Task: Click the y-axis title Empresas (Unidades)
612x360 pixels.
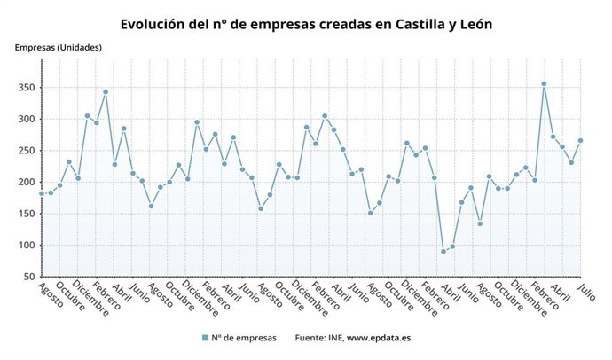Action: click(57, 47)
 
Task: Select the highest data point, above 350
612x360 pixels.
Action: click(544, 84)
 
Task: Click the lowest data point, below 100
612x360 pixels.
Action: click(443, 252)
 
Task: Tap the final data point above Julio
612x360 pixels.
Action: click(581, 140)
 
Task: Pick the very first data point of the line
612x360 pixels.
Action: click(42, 193)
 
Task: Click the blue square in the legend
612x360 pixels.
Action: click(205, 338)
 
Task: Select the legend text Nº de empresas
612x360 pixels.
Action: click(245, 338)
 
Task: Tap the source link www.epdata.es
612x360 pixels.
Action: click(378, 338)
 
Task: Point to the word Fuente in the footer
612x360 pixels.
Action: click(311, 338)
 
